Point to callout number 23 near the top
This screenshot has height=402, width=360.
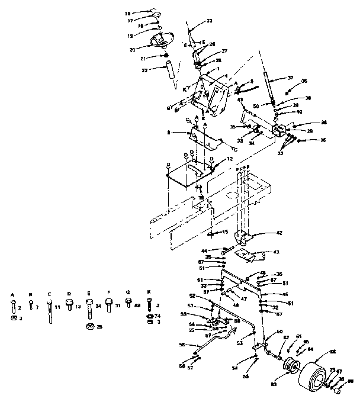(x=208, y=21)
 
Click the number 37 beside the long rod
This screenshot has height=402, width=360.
(x=290, y=77)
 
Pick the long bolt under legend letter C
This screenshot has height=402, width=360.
(x=49, y=311)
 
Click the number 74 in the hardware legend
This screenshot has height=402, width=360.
(x=158, y=317)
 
